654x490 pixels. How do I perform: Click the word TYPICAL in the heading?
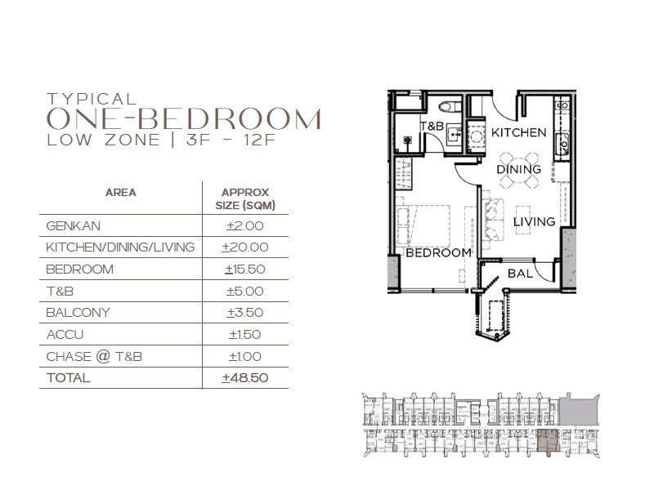point(92,99)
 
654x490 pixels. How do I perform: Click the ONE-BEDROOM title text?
point(184,118)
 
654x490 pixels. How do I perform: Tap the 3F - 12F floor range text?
point(231,140)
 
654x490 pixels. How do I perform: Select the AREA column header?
point(120,193)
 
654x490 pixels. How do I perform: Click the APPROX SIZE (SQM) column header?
point(245,198)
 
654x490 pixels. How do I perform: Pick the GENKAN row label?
point(73,226)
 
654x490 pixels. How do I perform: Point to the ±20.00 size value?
point(244,247)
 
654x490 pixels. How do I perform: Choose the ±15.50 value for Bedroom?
point(244,269)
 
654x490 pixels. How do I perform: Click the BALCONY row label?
point(78,313)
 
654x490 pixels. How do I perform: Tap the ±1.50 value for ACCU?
point(244,335)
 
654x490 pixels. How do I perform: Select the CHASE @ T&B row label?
point(94,357)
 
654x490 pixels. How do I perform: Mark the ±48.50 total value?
point(244,378)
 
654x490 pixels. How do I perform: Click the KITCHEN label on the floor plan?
point(519,132)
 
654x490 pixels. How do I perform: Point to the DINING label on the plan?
point(519,169)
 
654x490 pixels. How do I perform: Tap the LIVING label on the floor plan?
point(535,221)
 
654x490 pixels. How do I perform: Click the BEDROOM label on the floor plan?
point(439,252)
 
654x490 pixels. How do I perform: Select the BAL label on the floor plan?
point(520,274)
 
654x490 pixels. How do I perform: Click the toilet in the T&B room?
point(450,106)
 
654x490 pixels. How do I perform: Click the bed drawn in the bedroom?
point(423,225)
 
